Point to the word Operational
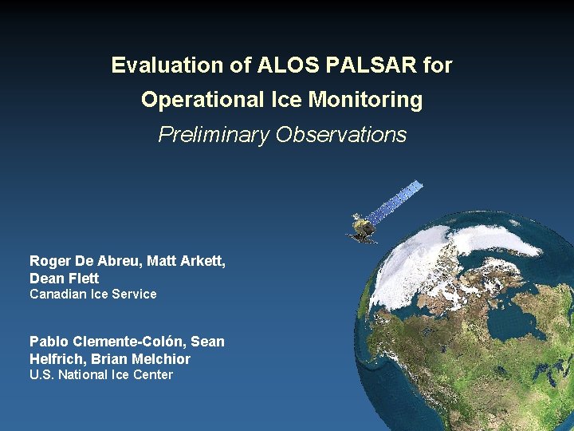pyautogui.click(x=202, y=100)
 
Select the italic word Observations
pyautogui.click(x=341, y=135)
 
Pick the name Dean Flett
pyautogui.click(x=64, y=279)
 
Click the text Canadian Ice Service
pyautogui.click(x=93, y=295)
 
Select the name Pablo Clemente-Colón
pyautogui.click(x=108, y=342)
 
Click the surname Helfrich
pyautogui.click(x=55, y=359)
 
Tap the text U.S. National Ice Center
pyautogui.click(x=101, y=375)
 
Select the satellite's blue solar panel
pyautogui.click(x=398, y=201)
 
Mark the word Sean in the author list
pyautogui.click(x=207, y=342)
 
